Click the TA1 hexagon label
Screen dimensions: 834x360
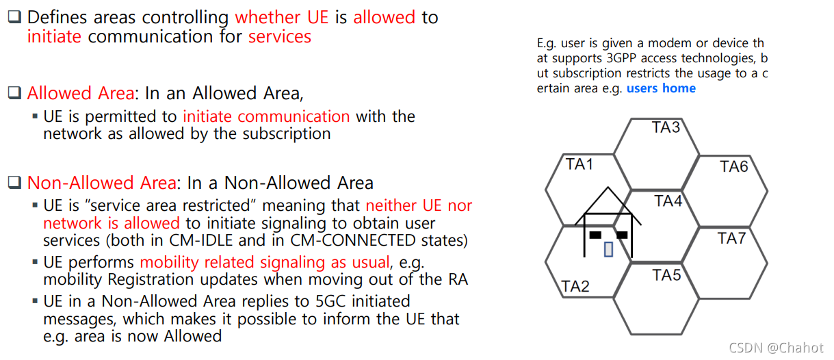point(579,164)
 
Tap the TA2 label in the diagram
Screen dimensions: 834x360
point(575,286)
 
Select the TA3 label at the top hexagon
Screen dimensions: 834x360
point(666,127)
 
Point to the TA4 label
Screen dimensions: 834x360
point(668,201)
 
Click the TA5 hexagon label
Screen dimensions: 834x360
point(666,275)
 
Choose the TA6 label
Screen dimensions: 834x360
point(734,166)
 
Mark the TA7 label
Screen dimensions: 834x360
point(731,238)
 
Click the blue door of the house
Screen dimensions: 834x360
point(608,249)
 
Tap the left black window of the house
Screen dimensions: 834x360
point(595,235)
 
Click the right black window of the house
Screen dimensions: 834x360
point(622,235)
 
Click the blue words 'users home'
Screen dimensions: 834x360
point(661,88)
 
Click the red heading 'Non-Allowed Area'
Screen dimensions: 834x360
point(101,183)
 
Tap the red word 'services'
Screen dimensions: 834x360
point(279,36)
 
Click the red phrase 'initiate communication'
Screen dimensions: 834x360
point(266,116)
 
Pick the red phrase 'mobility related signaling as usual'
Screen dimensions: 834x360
point(265,262)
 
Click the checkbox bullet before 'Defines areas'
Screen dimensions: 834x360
point(14,17)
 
